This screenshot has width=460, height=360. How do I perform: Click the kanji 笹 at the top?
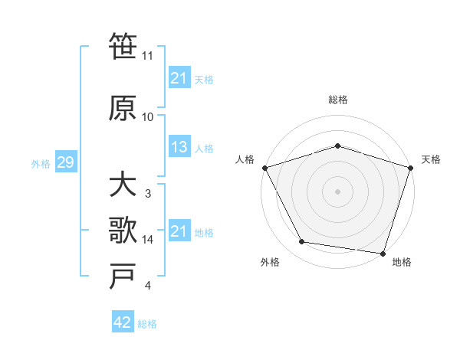[x=123, y=47]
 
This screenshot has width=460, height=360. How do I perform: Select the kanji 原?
[x=123, y=108]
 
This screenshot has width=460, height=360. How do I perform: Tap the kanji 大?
[x=123, y=185]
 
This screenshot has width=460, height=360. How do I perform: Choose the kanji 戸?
[x=123, y=277]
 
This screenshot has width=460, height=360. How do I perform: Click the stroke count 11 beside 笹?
[x=148, y=56]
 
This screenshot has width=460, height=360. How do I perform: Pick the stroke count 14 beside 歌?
[x=148, y=240]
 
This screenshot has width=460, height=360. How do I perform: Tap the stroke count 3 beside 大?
[x=148, y=194]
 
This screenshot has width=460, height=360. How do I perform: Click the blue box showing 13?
[x=179, y=148]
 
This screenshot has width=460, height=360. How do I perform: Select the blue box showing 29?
[x=65, y=162]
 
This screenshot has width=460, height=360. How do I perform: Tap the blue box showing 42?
[x=122, y=323]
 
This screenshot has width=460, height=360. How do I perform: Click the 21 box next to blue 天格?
[x=179, y=78]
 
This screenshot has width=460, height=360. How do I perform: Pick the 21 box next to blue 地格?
[x=179, y=231]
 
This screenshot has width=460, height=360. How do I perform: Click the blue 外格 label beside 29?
[x=41, y=163]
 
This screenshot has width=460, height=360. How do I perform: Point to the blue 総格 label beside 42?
[x=147, y=324]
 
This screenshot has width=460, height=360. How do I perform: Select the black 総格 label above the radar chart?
[x=337, y=100]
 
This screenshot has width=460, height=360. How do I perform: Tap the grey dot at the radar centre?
[x=337, y=191]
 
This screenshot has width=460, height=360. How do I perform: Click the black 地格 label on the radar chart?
[x=402, y=262]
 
